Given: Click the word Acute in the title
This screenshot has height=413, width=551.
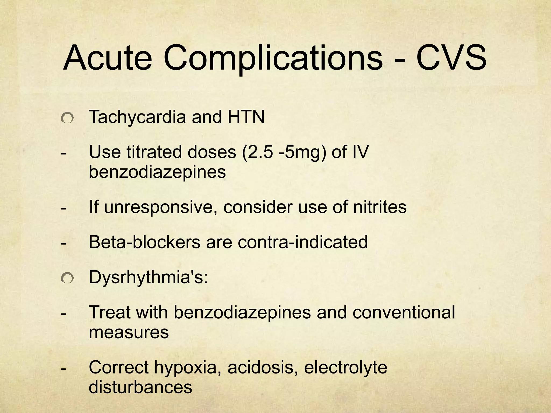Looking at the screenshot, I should pos(108,58).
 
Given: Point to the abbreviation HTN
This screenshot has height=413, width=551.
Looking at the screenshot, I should pos(246,117).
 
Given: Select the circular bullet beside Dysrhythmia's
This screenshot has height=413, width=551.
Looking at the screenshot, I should pos(67,279).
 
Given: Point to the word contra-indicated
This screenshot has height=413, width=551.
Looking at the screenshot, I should pos(303,242).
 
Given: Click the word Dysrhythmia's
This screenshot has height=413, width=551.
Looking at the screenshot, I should pos(148,277).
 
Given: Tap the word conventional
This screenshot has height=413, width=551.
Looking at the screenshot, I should pos(404,312).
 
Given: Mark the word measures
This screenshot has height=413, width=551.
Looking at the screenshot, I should pos(129,332).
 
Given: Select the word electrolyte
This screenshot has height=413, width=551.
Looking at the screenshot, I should pos(345,368).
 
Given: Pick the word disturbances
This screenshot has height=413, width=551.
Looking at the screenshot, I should pos(140,387).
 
